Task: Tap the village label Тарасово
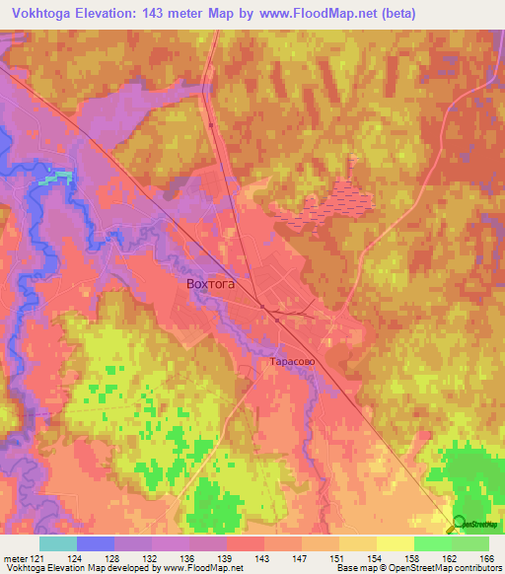292,362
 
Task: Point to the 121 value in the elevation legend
37,558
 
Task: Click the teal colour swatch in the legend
58,543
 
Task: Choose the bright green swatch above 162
432,543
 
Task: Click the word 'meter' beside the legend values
14,558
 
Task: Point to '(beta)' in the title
394,14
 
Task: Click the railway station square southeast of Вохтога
262,306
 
